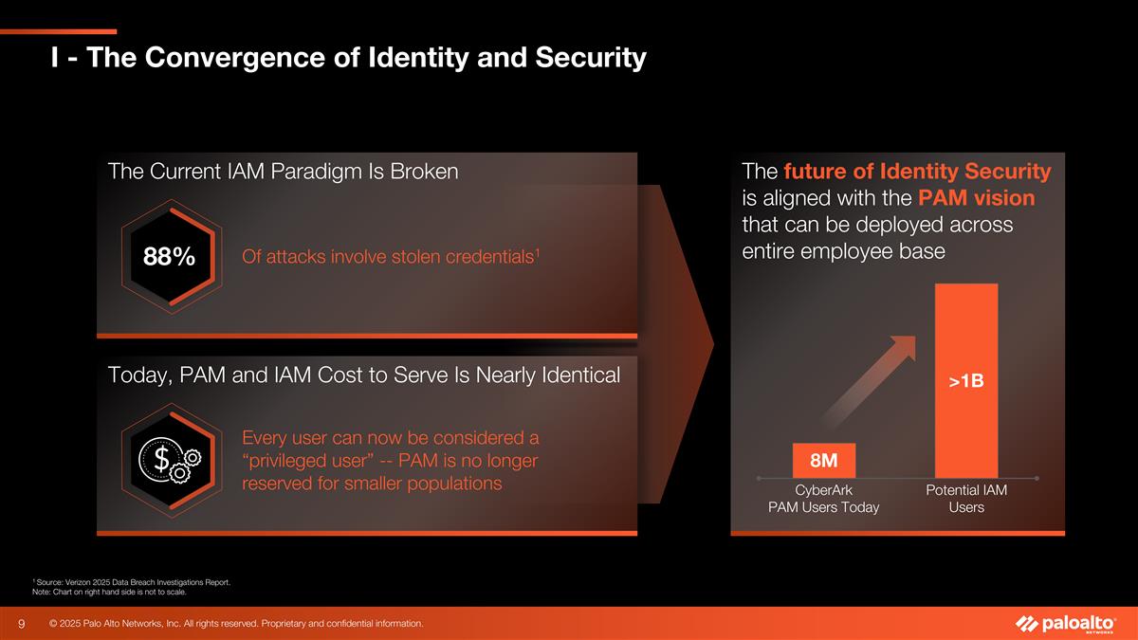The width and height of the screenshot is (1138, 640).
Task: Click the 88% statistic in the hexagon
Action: pos(169,257)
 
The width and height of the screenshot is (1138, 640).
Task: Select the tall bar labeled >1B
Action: pos(965,380)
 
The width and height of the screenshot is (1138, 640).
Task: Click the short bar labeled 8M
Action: pos(823,461)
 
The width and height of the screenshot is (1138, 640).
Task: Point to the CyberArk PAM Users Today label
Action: pos(823,499)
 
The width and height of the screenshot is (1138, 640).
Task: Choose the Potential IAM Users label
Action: pos(965,499)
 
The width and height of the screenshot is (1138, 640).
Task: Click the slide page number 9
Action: pos(21,624)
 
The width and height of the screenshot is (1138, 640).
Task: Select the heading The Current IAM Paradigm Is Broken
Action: pos(284,172)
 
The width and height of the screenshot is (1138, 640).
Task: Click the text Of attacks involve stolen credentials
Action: pos(391,257)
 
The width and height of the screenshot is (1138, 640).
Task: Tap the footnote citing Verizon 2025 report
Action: pos(131,581)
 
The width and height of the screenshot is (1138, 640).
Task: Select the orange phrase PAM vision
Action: pos(975,199)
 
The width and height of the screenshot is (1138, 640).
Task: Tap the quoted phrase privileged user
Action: pos(316,461)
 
